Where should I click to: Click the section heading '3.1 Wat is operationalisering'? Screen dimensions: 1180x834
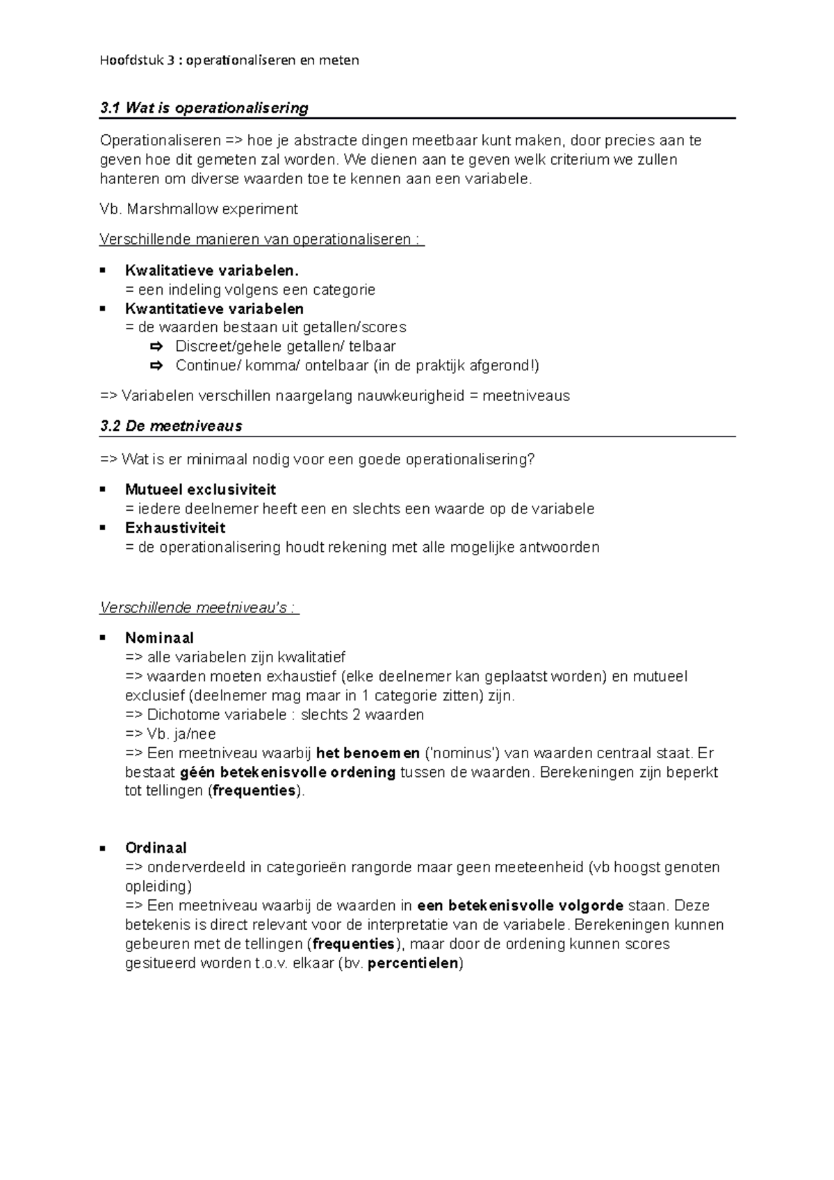point(204,108)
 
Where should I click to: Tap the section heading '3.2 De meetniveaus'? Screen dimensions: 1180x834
point(171,426)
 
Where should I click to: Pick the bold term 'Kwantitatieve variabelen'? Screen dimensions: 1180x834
point(214,308)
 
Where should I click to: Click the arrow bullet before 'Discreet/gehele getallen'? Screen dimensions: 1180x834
point(156,346)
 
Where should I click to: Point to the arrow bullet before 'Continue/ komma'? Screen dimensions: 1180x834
point(156,366)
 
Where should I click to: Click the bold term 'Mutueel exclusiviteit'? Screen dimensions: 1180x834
point(200,489)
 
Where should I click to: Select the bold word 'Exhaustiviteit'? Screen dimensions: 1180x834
point(175,527)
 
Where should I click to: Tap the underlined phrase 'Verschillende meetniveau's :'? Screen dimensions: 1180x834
point(199,608)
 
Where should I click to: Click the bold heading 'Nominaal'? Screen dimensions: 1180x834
point(159,637)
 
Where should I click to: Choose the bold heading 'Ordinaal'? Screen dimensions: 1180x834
point(156,848)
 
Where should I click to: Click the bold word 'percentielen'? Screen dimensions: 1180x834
point(413,963)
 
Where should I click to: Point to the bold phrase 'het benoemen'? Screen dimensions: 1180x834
point(368,753)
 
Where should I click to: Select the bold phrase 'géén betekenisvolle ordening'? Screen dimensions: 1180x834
point(288,772)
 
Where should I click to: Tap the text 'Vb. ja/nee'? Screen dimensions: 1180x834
point(171,734)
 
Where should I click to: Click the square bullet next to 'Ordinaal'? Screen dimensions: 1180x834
point(102,848)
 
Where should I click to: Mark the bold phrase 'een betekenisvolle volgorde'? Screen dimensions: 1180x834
point(520,906)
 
